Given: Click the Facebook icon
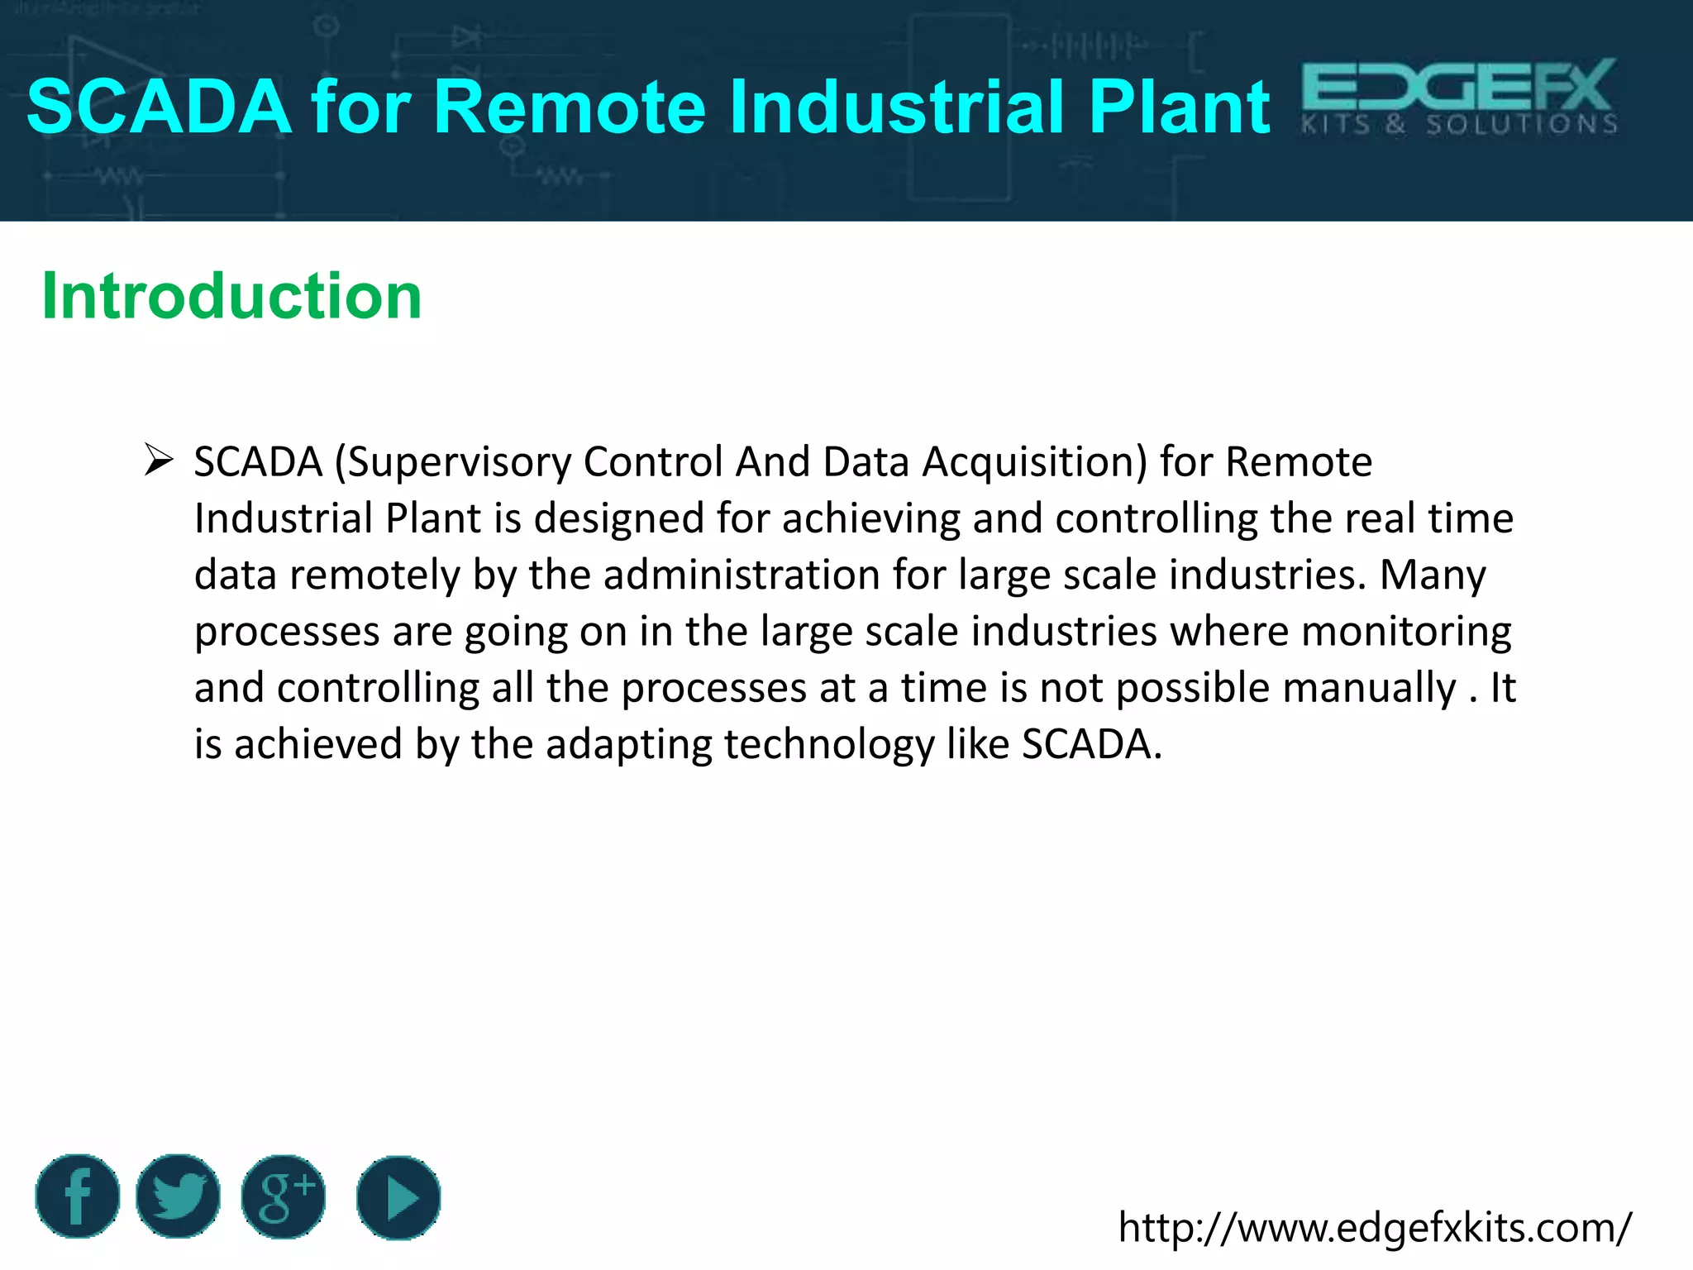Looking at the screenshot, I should (x=78, y=1196).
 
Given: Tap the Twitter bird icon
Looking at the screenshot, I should (x=178, y=1196).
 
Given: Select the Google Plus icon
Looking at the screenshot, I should (x=284, y=1196).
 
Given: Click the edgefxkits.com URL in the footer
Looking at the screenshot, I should (x=1375, y=1228).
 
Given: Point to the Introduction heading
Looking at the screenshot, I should (x=231, y=296).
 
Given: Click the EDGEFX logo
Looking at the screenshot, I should (x=1459, y=86).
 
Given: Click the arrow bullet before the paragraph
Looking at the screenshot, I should (x=158, y=460).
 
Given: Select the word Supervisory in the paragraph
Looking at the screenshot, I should (x=459, y=461).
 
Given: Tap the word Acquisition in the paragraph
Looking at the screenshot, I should (x=1034, y=461).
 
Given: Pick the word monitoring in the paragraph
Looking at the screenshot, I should (x=1406, y=631).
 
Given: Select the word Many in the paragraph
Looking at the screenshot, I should (x=1433, y=575).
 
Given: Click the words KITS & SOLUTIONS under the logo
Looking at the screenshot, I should (x=1459, y=125).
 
